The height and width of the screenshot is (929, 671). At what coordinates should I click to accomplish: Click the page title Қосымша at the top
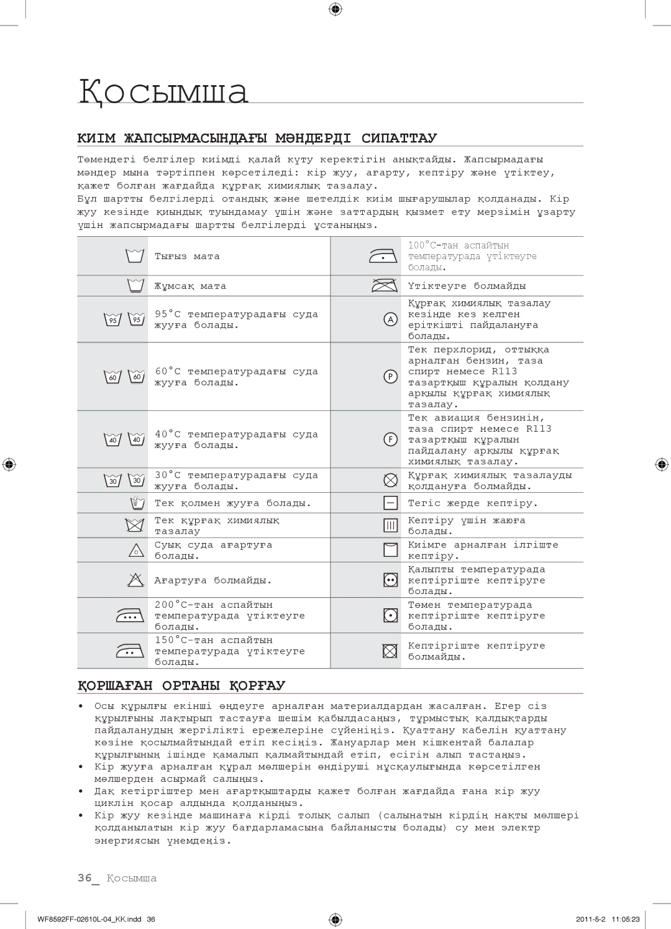point(163,91)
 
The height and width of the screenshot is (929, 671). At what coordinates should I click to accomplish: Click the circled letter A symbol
point(390,319)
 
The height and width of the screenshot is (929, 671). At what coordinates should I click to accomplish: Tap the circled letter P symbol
point(390,377)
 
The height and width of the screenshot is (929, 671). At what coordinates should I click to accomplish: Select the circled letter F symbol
point(390,439)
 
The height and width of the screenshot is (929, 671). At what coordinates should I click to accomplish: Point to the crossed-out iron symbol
point(385,286)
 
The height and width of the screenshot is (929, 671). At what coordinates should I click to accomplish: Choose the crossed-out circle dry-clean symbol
point(390,480)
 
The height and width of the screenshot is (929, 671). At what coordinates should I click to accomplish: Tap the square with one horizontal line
point(390,503)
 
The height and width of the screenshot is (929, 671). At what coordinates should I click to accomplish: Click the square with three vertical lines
point(390,526)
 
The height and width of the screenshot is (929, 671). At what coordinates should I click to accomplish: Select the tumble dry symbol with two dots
point(390,580)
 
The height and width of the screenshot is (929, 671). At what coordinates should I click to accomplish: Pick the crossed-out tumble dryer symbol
point(390,651)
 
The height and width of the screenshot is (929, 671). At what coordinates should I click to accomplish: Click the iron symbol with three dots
point(130,616)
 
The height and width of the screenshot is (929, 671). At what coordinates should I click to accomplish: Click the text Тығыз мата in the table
point(187,256)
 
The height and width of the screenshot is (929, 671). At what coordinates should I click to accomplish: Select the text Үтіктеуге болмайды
point(467,286)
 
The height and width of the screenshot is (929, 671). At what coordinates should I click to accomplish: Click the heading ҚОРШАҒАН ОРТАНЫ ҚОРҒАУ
point(181,685)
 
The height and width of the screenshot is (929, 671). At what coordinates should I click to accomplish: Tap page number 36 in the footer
point(84,878)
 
